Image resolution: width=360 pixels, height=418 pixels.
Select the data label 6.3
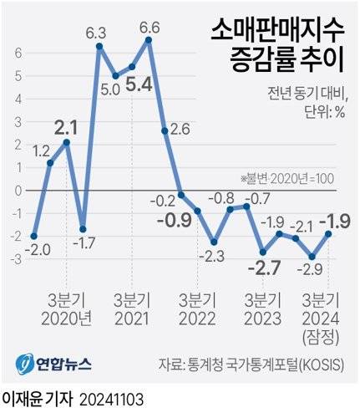pos(97,33)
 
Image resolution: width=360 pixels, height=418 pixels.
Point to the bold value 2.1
pos(66,128)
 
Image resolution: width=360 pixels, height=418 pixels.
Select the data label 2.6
pos(180,130)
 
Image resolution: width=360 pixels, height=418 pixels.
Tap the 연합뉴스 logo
pos(55,363)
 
